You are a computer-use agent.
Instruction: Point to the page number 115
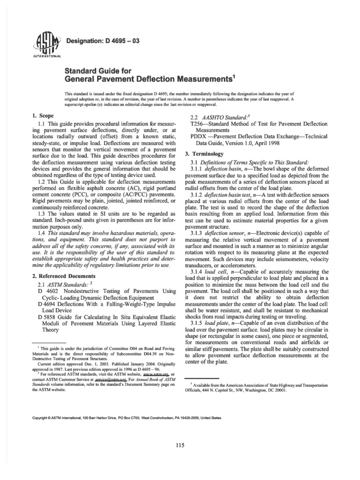(x=180, y=445)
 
